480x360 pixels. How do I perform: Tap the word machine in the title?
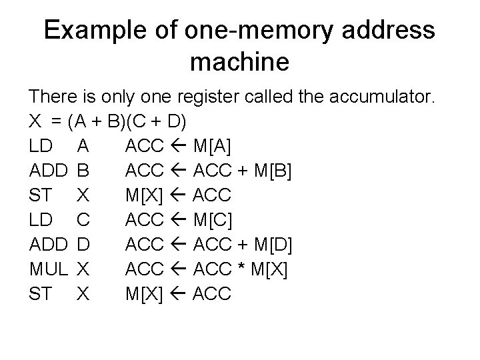pos(239,63)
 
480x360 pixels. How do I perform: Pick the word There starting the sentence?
pos(54,98)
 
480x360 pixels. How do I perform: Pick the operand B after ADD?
pos(83,171)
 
